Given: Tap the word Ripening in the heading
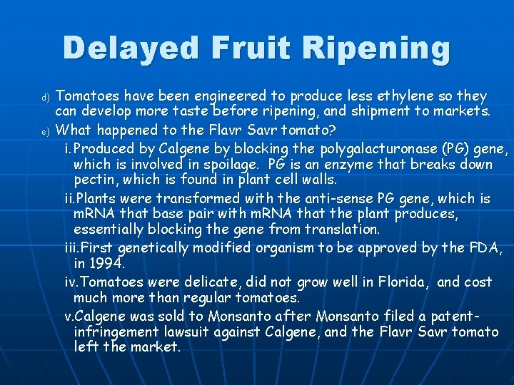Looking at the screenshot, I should [x=376, y=48].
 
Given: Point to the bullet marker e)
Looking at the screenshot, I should [x=45, y=131].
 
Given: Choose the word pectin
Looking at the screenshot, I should [x=94, y=180].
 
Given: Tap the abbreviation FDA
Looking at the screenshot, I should [x=485, y=247].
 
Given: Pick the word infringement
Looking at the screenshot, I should [x=119, y=332].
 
